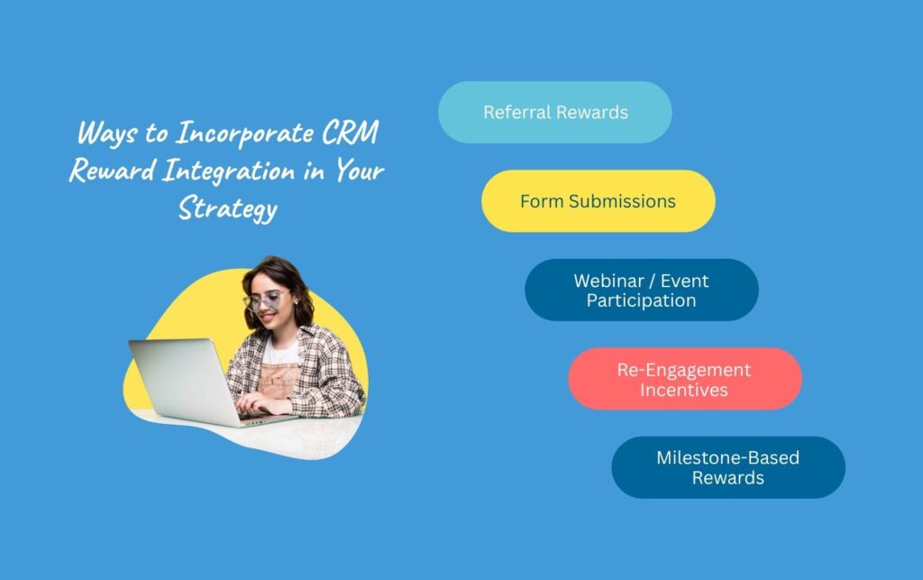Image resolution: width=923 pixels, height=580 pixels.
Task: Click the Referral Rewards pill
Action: click(x=554, y=113)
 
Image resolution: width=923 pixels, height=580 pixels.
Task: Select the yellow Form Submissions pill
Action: click(x=598, y=201)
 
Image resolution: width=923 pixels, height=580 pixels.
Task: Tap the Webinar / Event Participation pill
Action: click(x=641, y=290)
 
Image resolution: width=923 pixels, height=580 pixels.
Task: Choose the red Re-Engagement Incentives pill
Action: click(x=684, y=379)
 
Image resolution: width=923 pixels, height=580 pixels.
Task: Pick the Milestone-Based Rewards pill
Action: click(x=727, y=467)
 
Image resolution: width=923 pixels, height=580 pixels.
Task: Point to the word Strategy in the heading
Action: click(x=227, y=208)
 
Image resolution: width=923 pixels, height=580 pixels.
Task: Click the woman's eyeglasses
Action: click(x=263, y=299)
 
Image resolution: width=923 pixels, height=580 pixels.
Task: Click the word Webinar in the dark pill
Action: click(x=609, y=280)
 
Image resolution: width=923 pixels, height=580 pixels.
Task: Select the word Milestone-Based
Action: click(x=727, y=457)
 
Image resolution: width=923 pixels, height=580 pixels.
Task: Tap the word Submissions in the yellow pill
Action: click(x=622, y=201)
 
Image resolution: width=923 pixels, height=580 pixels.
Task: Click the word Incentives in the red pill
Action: click(x=684, y=390)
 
